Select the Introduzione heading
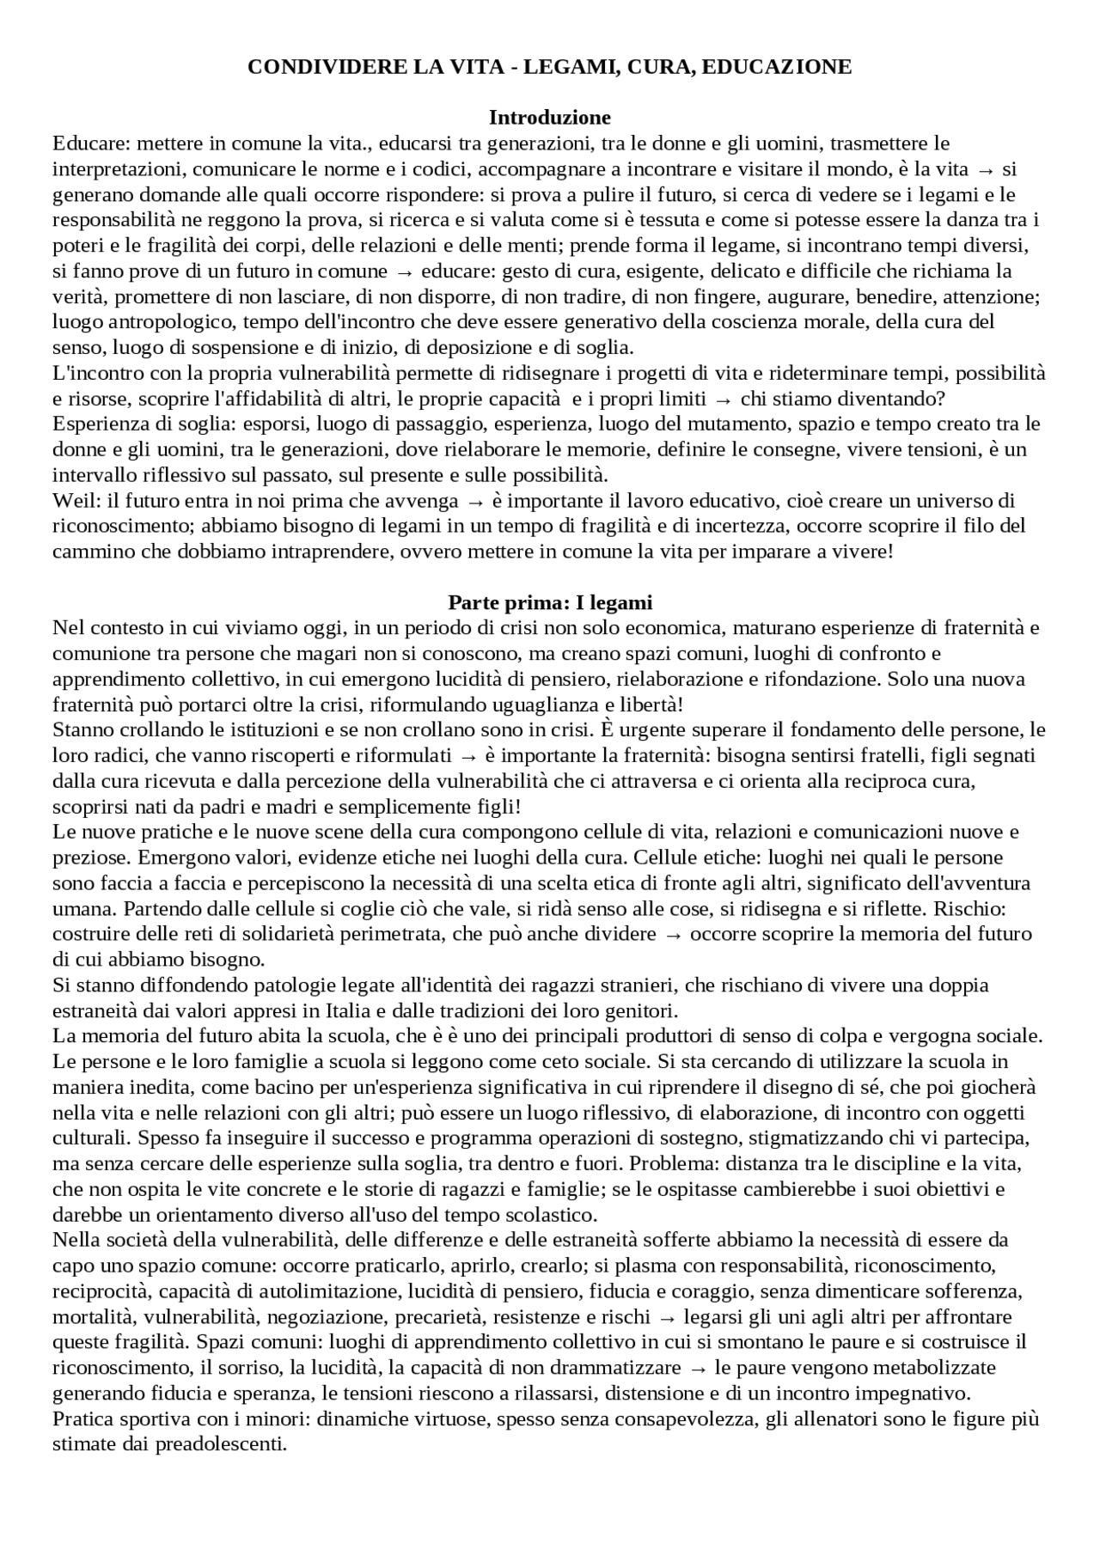(x=549, y=117)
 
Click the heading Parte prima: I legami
(x=550, y=602)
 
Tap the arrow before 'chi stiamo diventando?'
(x=723, y=399)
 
